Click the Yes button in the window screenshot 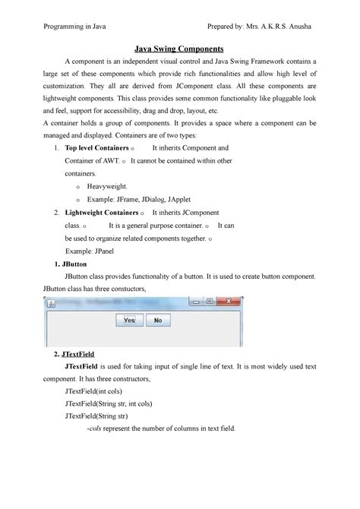[129, 321]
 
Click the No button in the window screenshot [158, 321]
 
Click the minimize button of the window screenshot [194, 302]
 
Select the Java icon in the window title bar [51, 302]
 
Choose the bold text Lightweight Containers [102, 213]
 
